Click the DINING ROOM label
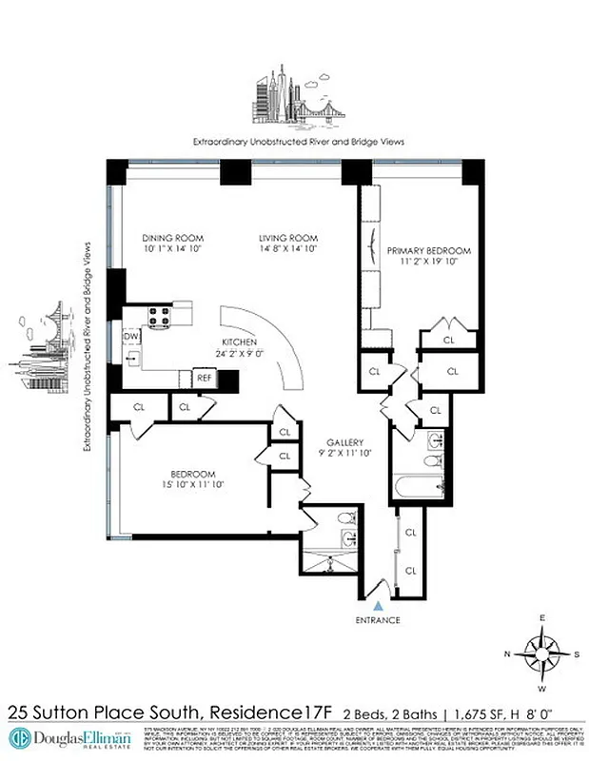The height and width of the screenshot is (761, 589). (173, 238)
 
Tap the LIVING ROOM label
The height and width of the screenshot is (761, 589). (288, 238)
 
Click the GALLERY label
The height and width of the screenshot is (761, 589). (344, 443)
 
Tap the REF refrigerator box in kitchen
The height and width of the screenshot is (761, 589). (204, 378)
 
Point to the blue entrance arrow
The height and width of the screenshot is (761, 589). (379, 604)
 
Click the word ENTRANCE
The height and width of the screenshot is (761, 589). (379, 620)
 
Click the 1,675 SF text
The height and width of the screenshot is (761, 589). (495, 712)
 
